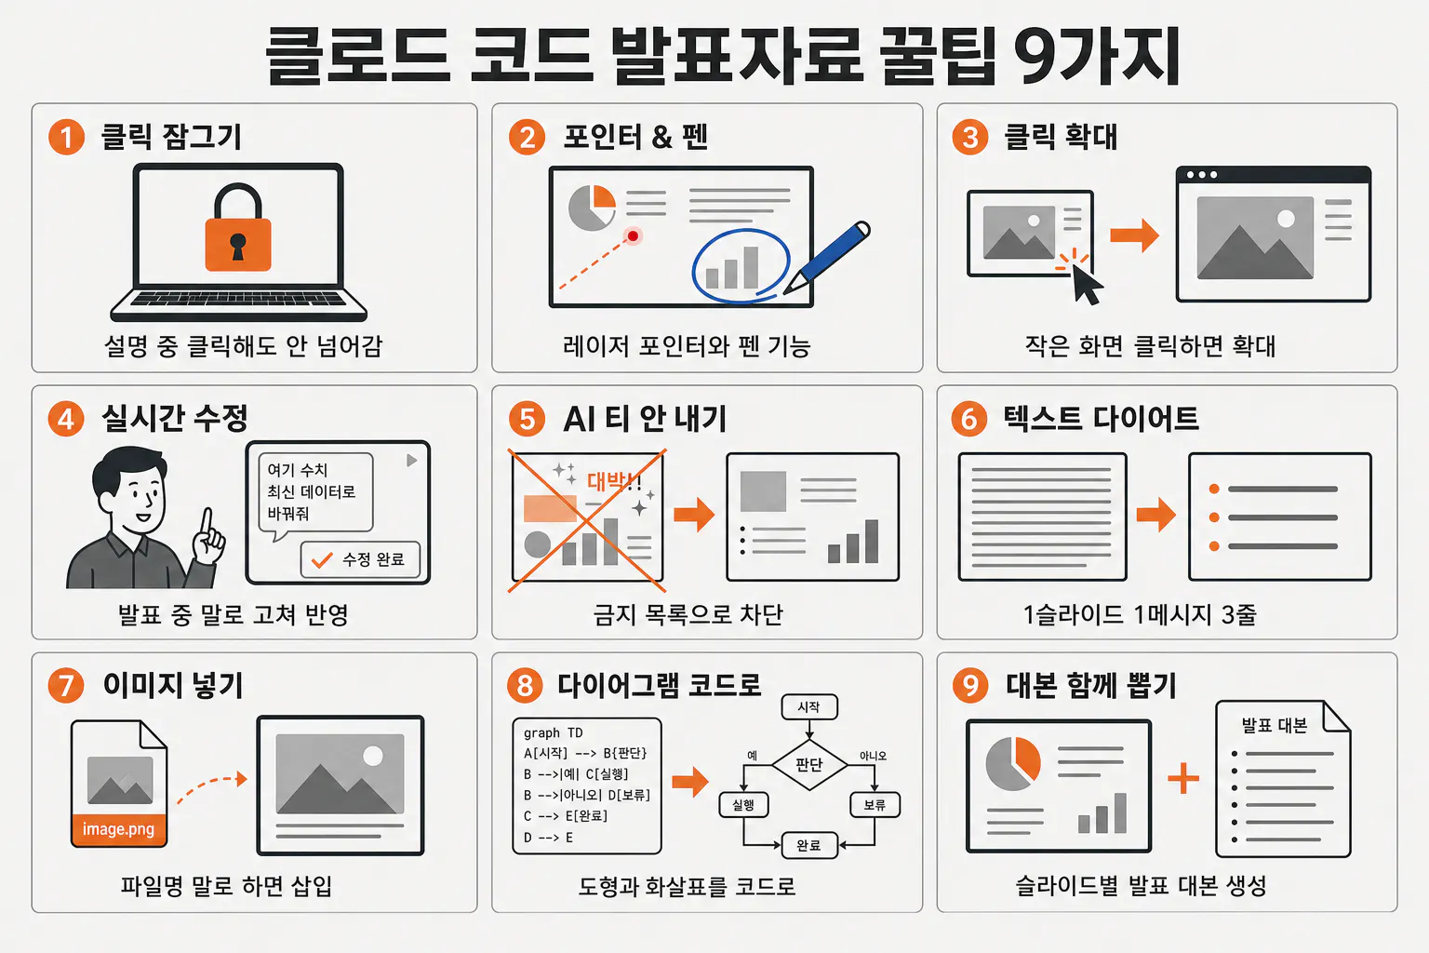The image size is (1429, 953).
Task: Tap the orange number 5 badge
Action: (527, 420)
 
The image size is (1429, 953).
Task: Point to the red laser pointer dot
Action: (633, 236)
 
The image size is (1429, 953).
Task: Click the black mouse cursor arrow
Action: (1087, 285)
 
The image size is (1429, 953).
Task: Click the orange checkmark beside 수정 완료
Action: (322, 560)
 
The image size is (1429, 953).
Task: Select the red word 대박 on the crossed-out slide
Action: (606, 480)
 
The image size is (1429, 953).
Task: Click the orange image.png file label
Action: (119, 829)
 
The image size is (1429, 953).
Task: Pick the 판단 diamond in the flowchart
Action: (808, 764)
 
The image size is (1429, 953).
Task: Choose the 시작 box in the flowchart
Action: (808, 707)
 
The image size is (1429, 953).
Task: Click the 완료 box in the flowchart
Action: (808, 845)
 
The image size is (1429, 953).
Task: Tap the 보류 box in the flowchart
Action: (875, 805)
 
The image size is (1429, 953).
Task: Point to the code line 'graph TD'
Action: (554, 732)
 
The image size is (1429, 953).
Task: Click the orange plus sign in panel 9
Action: (1183, 778)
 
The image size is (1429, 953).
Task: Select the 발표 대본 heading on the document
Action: (1274, 725)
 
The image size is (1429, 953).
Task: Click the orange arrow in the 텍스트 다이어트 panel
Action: (1156, 515)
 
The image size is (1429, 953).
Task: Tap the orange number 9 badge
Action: (969, 685)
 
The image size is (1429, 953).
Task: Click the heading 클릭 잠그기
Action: (171, 137)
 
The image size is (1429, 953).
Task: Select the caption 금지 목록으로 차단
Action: (688, 614)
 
